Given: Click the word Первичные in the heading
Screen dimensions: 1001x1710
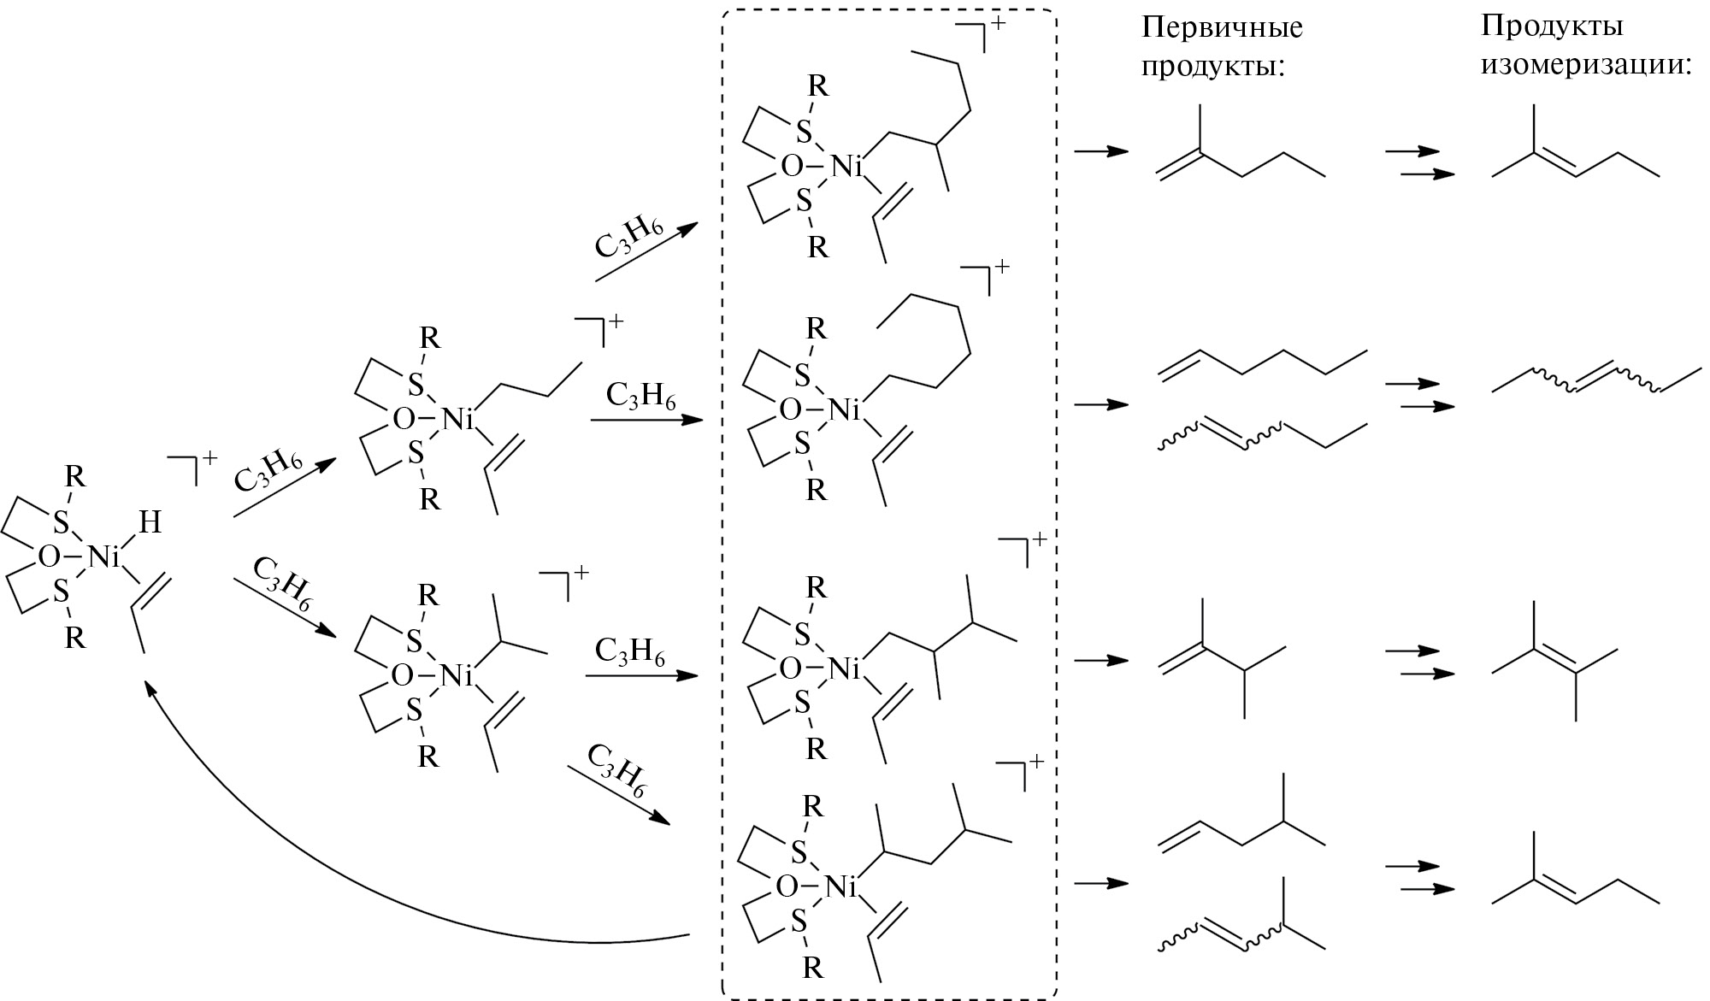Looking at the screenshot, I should point(1222,28).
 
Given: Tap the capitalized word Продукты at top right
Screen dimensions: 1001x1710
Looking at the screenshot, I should point(1553,26).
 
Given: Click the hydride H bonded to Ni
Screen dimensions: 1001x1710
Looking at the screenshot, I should point(150,522).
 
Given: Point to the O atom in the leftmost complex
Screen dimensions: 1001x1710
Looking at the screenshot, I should point(50,557).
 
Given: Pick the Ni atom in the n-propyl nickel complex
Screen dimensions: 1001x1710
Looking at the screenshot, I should point(457,419).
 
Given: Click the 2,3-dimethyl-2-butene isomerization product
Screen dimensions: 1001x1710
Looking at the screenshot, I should point(1555,672).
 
